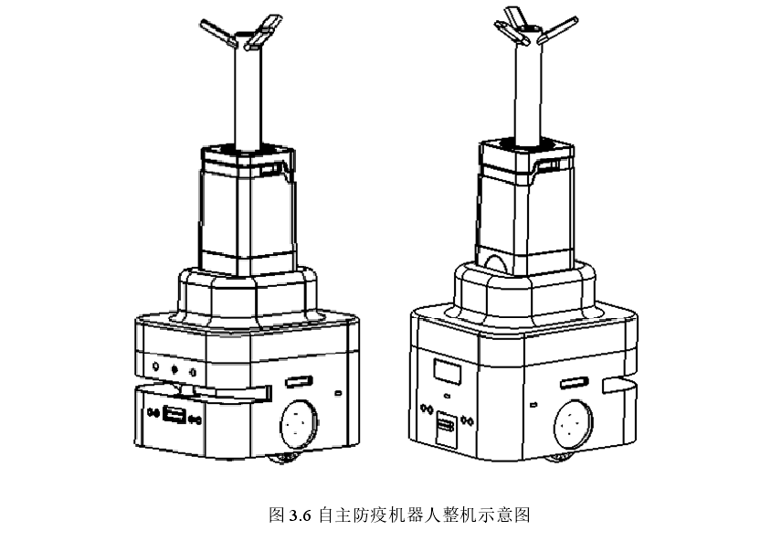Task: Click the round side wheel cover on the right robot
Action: tap(572, 424)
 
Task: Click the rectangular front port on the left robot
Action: tap(174, 417)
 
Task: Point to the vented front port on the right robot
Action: tap(447, 426)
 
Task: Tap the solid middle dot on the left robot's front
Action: tap(174, 370)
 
